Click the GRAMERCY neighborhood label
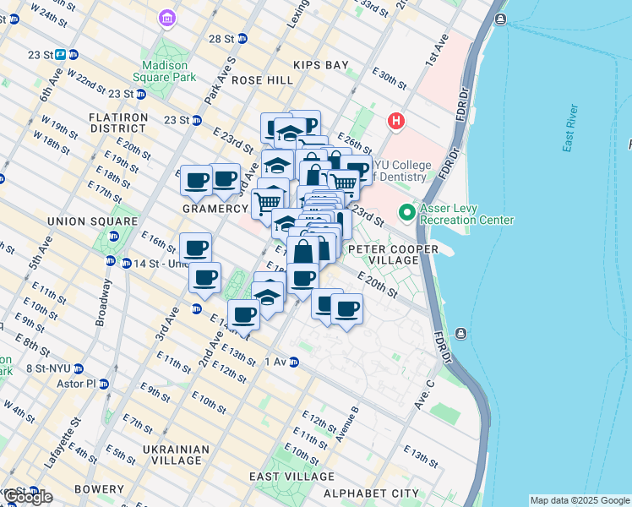pyautogui.click(x=215, y=208)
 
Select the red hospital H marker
pyautogui.click(x=395, y=122)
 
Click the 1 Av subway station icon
pyautogui.click(x=294, y=362)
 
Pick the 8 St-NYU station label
pyautogui.click(x=47, y=368)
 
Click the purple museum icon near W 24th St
pyautogui.click(x=167, y=18)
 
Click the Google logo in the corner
pyautogui.click(x=27, y=497)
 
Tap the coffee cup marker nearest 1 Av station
pyautogui.click(x=244, y=315)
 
